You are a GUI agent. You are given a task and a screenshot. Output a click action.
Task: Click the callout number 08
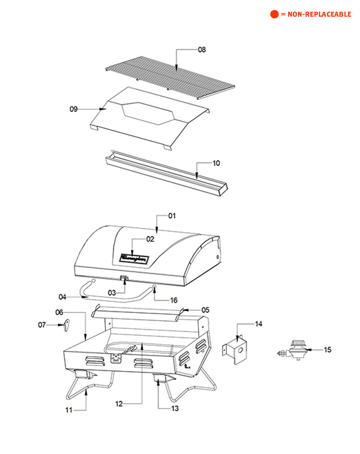click(x=202, y=50)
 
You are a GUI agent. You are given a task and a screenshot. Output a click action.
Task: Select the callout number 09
click(x=74, y=109)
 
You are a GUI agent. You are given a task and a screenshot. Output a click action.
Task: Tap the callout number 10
click(x=216, y=163)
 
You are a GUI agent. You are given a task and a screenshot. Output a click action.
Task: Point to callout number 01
click(x=171, y=216)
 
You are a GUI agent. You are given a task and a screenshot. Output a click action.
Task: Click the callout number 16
click(x=173, y=300)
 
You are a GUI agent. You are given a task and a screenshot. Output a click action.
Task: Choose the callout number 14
click(x=258, y=324)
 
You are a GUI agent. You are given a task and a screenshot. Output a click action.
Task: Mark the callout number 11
click(x=69, y=410)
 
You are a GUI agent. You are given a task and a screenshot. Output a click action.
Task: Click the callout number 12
click(x=119, y=404)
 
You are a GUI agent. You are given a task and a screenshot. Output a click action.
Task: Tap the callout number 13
click(x=175, y=408)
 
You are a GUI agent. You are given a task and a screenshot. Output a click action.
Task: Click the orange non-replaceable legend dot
click(x=274, y=14)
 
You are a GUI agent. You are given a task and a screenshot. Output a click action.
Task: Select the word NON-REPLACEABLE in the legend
click(x=319, y=14)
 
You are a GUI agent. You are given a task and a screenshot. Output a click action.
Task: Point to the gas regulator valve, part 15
click(x=295, y=350)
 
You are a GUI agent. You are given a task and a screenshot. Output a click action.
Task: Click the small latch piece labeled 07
click(x=67, y=324)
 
